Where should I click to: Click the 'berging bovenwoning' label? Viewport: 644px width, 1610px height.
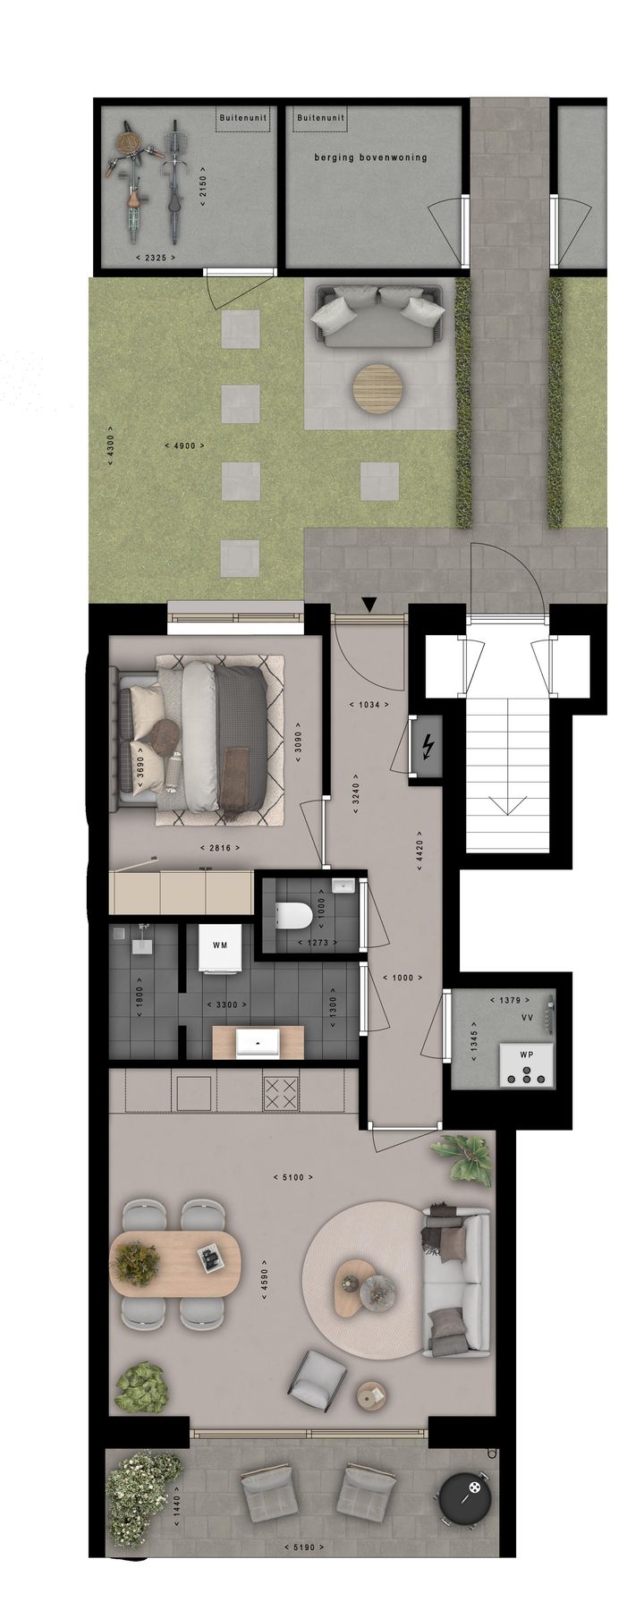click(x=370, y=157)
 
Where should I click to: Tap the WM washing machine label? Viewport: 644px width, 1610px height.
click(x=220, y=945)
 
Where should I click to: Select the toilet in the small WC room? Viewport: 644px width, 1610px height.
click(x=294, y=915)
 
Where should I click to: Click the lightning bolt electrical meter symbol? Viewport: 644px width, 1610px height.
click(x=428, y=744)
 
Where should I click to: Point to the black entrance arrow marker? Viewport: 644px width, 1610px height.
click(x=369, y=606)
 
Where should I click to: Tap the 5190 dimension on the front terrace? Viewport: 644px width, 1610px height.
click(x=301, y=1546)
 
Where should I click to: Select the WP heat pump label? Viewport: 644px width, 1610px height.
click(x=527, y=1055)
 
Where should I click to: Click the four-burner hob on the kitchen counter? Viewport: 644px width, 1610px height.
click(x=284, y=1091)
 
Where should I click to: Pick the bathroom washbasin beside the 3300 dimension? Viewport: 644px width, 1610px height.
click(x=258, y=1043)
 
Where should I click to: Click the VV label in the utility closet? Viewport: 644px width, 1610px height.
click(x=527, y=1018)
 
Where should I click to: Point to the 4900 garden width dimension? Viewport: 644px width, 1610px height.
click(x=185, y=445)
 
